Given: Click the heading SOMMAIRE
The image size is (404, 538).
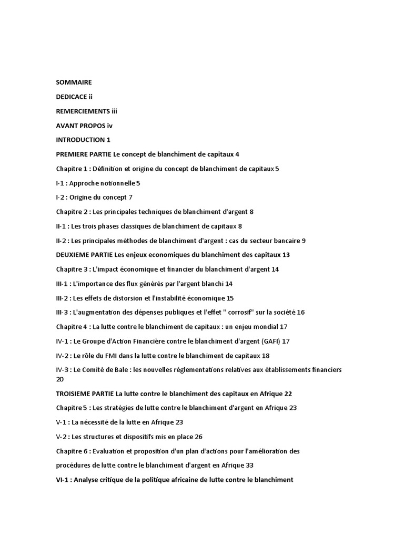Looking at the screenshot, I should tap(74, 82).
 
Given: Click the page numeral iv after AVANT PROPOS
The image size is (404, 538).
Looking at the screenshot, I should tap(110, 125).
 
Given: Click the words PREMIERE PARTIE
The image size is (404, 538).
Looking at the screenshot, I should tap(84, 154).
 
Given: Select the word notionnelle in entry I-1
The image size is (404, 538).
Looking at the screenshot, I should tap(115, 183).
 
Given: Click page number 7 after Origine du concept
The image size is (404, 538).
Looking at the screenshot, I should tap(130, 197).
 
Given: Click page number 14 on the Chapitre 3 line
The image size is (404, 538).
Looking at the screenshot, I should tap(275, 269).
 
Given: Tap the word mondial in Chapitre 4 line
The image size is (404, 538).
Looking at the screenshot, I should tap(266, 326).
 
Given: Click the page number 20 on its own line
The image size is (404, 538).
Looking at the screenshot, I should tap(60, 379).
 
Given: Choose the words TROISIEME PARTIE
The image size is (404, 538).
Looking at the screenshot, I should tap(85, 394).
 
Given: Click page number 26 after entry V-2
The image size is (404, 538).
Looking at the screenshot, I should tap(198, 437).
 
